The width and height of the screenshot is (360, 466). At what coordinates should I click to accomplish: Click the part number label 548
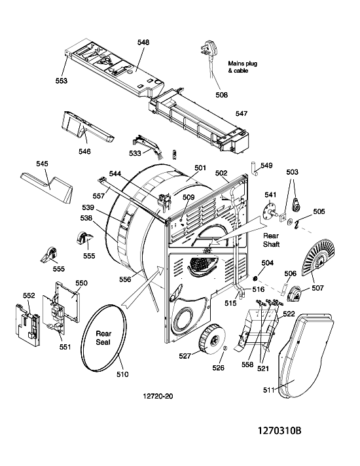point(143,43)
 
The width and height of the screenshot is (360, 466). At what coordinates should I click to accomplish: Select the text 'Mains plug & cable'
point(242,67)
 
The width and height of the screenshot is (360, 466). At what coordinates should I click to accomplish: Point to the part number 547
point(242,113)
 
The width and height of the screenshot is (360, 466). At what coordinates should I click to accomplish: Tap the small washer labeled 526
point(225,348)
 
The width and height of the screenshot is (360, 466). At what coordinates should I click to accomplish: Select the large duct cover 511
point(305,355)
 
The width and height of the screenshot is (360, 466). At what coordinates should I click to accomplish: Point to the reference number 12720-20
point(158,396)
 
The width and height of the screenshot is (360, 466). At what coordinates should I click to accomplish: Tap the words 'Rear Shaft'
point(271,240)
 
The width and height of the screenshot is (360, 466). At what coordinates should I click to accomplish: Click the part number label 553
point(62,81)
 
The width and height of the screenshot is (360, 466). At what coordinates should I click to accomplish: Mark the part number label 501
point(200,168)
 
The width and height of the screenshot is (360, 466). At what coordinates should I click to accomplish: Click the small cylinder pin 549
point(253,168)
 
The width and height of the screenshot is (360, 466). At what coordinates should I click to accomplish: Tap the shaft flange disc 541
point(270,212)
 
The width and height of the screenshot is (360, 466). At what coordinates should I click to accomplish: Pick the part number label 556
point(125,279)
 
